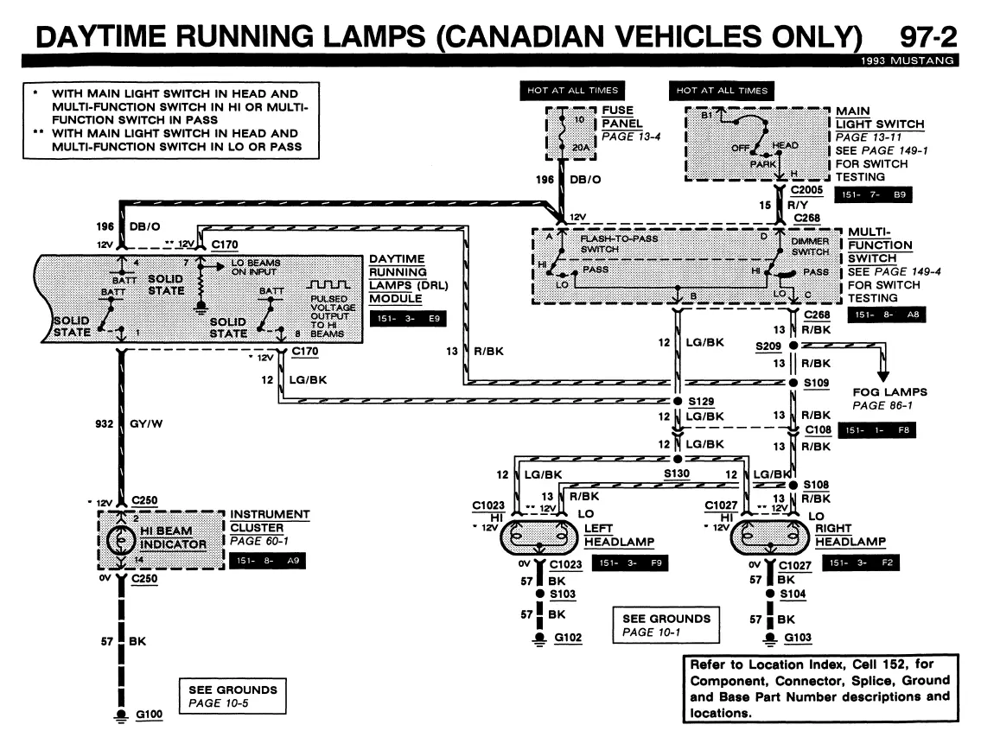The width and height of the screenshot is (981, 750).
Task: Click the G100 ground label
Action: [x=149, y=715]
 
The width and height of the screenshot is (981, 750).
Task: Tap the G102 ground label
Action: [x=568, y=638]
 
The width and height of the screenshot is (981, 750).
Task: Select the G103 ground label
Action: [x=798, y=638]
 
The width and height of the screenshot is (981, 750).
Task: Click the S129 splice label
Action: [x=701, y=402]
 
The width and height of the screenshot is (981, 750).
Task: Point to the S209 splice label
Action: [x=768, y=346]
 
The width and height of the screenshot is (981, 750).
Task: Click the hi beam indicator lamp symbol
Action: [x=121, y=540]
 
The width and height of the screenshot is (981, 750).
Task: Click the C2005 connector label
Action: [x=806, y=189]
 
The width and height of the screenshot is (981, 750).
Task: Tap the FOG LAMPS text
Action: [x=889, y=392]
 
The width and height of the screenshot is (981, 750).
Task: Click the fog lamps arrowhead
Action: [x=882, y=377]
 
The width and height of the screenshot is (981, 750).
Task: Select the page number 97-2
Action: [x=928, y=37]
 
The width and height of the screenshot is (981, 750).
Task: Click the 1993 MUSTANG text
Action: [x=908, y=60]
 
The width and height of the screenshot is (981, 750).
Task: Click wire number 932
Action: [x=104, y=424]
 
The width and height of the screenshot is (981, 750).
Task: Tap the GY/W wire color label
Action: [x=146, y=424]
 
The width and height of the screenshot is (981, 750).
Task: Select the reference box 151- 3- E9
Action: [x=409, y=318]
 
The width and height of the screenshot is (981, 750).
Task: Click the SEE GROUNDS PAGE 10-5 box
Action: [x=233, y=696]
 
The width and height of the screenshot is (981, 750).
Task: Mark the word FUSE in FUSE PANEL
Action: [x=617, y=110]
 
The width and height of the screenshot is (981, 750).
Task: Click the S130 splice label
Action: [x=677, y=474]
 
